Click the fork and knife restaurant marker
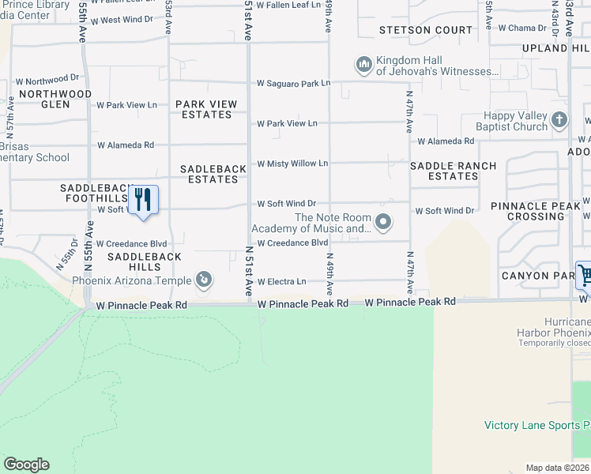click(x=143, y=198)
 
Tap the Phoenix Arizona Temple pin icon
click(x=204, y=279)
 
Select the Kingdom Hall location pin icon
click(x=363, y=63)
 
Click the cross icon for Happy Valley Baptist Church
click(x=559, y=120)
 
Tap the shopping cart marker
click(x=585, y=276)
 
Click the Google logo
click(x=26, y=465)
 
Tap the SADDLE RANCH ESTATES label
click(x=453, y=171)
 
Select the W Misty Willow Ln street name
click(x=292, y=164)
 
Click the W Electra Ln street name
click(x=281, y=281)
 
